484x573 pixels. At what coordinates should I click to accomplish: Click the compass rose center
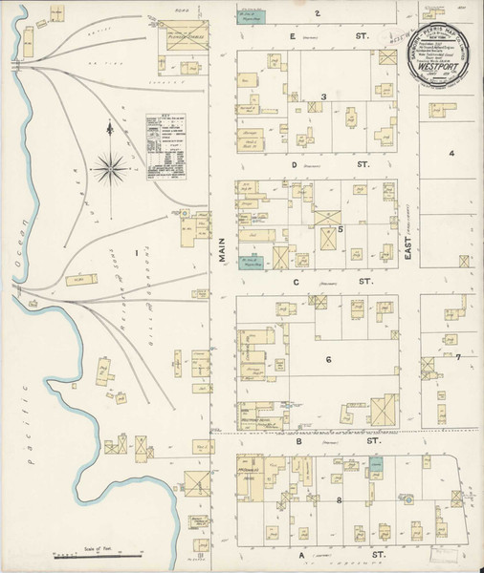click(109, 171)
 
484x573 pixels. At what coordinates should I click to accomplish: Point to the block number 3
click(324, 96)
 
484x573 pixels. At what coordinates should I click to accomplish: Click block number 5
click(340, 230)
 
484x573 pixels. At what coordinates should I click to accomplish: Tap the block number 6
click(327, 360)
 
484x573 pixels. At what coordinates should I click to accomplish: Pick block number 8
click(339, 499)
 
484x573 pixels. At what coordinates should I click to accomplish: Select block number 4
click(451, 153)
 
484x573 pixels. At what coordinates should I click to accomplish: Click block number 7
click(458, 357)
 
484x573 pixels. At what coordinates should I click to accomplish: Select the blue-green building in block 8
click(378, 464)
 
